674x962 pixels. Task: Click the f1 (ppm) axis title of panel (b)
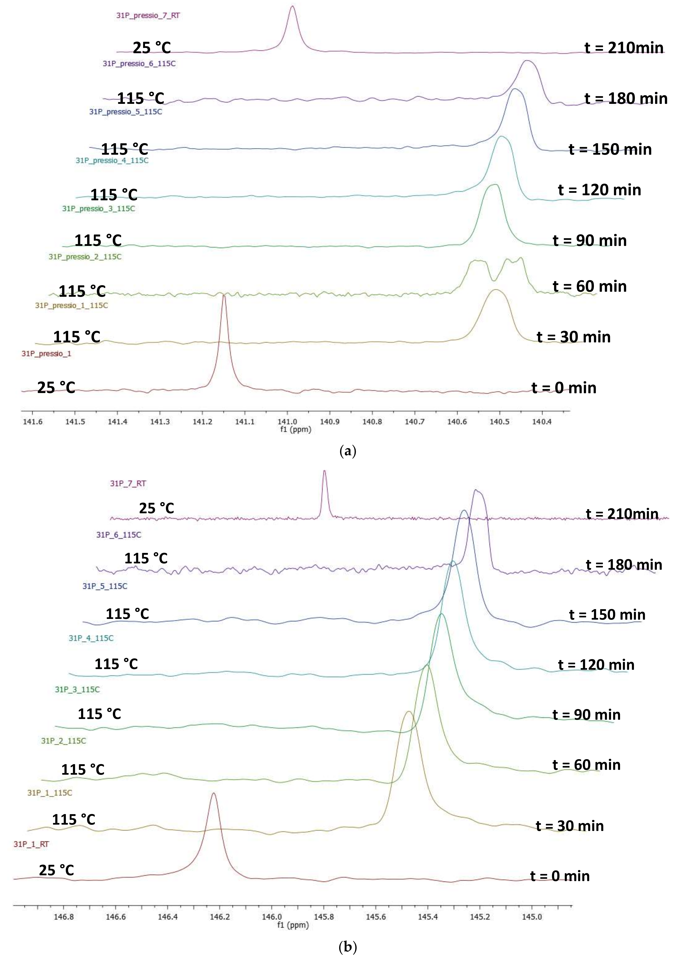coord(293,925)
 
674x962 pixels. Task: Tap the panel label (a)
coord(347,451)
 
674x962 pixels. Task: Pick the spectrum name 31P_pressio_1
coord(47,354)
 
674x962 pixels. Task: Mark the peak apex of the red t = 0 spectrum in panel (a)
coord(224,296)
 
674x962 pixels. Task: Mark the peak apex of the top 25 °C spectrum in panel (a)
coord(293,6)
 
